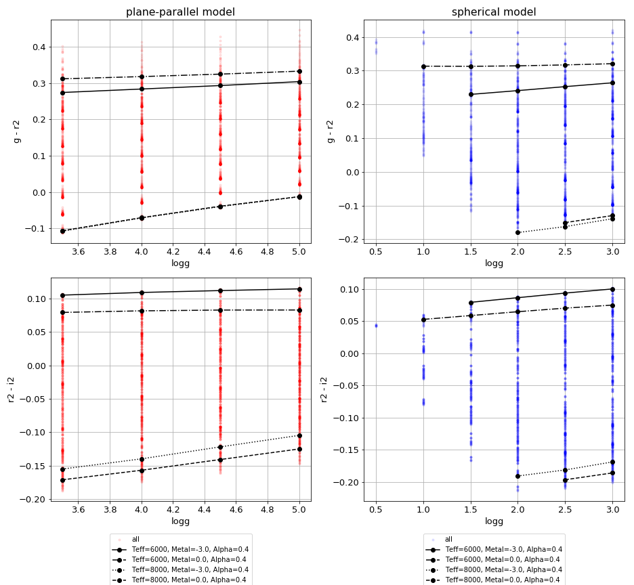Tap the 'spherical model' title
[x=494, y=12]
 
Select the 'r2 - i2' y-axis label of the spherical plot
[x=324, y=389]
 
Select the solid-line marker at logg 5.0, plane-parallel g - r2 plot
[x=299, y=82]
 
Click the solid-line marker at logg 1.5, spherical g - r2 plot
[x=471, y=94]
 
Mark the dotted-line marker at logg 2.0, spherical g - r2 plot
[x=517, y=232]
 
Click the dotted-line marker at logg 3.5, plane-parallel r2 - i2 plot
[x=62, y=469]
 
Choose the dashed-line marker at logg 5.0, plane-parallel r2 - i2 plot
[x=299, y=449]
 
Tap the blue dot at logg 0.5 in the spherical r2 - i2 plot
[x=376, y=326]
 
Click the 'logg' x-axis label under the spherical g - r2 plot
[x=494, y=263]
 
